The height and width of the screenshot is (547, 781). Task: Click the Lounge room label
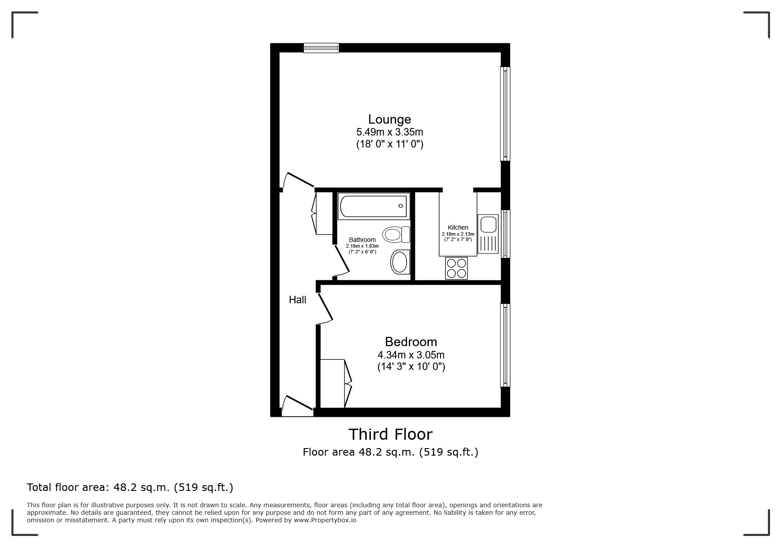(x=389, y=119)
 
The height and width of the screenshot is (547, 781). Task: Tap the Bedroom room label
(x=411, y=342)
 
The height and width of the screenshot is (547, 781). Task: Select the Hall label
(x=297, y=300)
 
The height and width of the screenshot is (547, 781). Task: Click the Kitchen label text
(x=458, y=227)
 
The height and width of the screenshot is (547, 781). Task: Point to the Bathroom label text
(x=362, y=240)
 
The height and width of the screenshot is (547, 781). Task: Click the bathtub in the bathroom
(x=374, y=206)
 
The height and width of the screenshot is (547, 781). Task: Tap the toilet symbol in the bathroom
(x=396, y=234)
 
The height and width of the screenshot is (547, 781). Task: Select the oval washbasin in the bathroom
(x=400, y=262)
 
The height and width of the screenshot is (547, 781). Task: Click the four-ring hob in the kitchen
(x=456, y=268)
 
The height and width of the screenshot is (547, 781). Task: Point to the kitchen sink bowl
(x=489, y=223)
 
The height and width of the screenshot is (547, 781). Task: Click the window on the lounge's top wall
(x=321, y=48)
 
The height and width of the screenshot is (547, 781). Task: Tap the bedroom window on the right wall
(x=505, y=345)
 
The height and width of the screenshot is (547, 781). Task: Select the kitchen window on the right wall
(x=505, y=234)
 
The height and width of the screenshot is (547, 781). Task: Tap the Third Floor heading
(x=390, y=434)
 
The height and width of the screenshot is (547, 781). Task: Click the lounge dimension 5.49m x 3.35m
(x=389, y=132)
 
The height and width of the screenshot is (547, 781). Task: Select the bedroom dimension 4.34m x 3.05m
(x=411, y=355)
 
